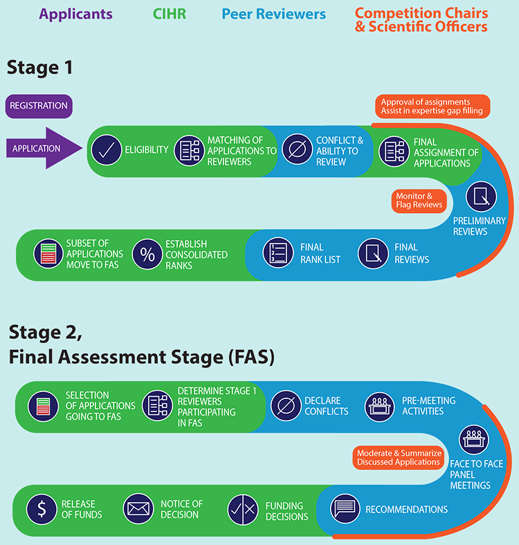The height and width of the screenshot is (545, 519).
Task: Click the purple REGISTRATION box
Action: tap(39, 106)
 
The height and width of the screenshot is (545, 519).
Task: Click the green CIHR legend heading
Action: tap(169, 14)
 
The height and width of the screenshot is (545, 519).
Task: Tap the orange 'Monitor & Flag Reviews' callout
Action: tap(418, 200)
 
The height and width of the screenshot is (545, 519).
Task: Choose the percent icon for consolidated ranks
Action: tap(147, 253)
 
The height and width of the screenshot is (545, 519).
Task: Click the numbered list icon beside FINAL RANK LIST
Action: tap(279, 253)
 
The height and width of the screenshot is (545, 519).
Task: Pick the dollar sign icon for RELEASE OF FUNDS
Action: tap(42, 509)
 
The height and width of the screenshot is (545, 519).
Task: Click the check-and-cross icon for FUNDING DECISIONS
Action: tap(243, 509)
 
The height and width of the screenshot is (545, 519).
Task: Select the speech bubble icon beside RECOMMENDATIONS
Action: tap(345, 509)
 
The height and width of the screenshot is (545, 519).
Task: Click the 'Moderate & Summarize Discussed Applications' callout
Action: tap(399, 457)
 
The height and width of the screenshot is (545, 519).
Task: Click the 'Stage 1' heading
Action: tap(40, 68)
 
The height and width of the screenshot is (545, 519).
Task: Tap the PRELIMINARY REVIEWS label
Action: tap(480, 226)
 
